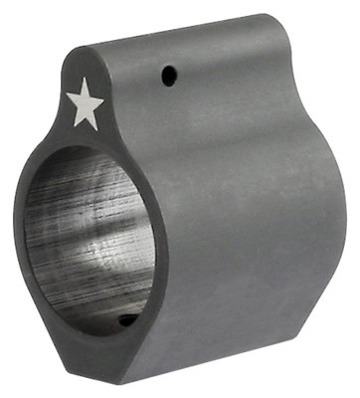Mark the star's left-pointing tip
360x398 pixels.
coord(66,97)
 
